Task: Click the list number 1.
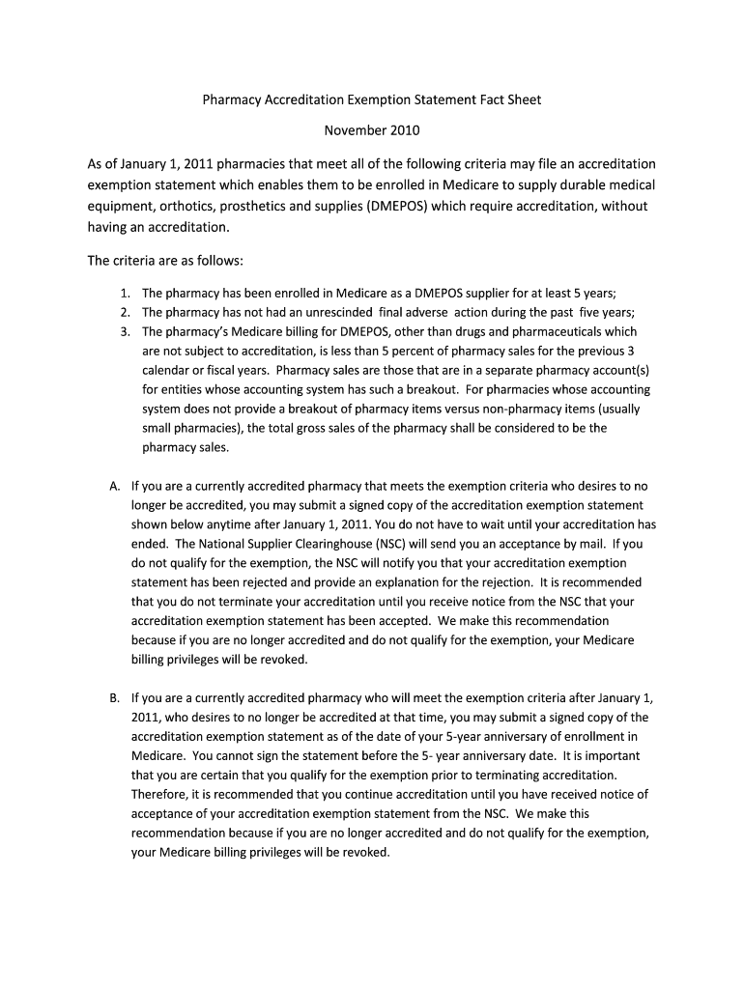tap(126, 293)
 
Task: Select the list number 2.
tap(126, 312)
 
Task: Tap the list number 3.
tap(126, 331)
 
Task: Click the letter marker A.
tap(115, 486)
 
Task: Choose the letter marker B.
tap(115, 697)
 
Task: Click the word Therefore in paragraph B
tap(160, 794)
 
